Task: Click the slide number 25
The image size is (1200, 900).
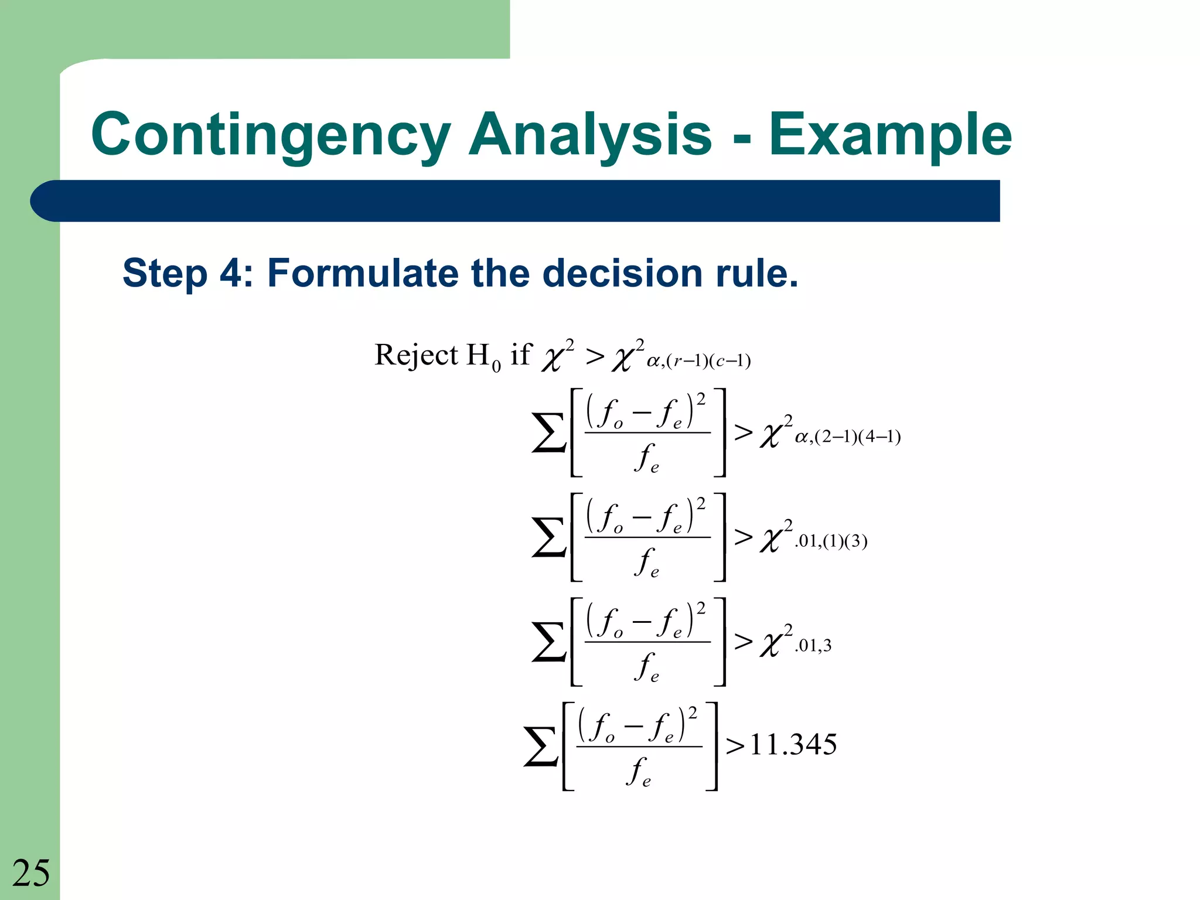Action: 31,872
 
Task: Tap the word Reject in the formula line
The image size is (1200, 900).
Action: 416,355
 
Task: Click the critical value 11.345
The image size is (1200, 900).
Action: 793,745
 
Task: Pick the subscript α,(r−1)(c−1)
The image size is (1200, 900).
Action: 698,361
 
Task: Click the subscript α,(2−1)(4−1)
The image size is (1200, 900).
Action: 847,437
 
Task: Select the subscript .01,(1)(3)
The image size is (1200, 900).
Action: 831,541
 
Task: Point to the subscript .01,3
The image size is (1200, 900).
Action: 813,646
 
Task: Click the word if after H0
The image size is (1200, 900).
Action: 520,354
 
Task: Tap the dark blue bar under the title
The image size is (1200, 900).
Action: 516,201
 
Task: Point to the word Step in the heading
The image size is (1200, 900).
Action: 165,273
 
